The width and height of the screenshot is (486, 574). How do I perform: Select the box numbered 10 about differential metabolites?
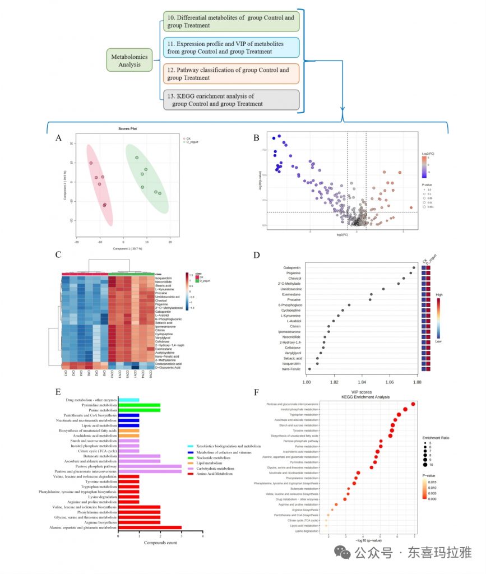click(232, 22)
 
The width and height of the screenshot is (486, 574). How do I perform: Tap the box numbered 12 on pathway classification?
click(232, 73)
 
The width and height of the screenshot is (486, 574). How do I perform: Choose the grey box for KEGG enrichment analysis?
click(232, 100)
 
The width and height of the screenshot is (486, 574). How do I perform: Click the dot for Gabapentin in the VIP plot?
click(414, 268)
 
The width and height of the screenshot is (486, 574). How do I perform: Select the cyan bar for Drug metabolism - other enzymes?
click(128, 400)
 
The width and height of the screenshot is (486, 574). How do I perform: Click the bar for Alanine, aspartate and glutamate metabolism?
click(149, 527)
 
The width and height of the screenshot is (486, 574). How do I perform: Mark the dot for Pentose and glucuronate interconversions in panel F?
click(413, 404)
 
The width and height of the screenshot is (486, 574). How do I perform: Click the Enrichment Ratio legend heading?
click(437, 437)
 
